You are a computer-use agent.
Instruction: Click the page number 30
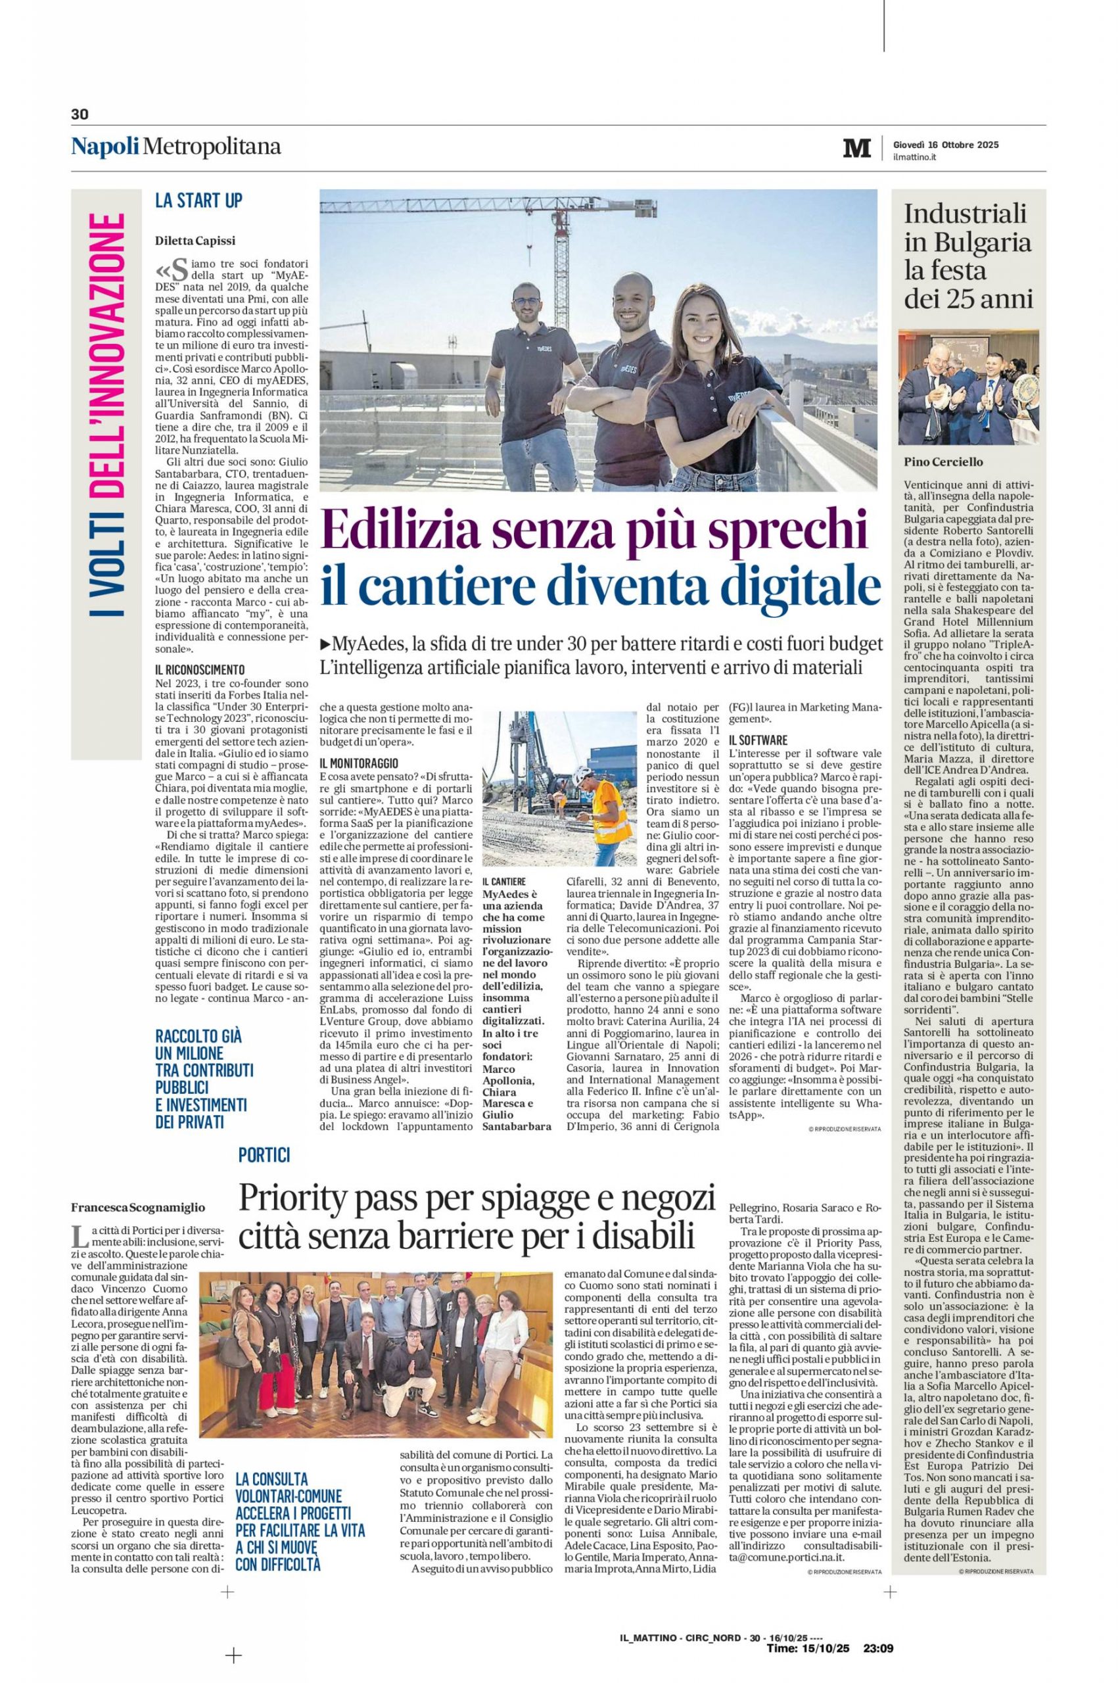(x=78, y=114)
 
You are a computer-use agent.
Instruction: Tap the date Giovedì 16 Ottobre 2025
(x=945, y=145)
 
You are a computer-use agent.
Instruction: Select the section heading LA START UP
(x=199, y=201)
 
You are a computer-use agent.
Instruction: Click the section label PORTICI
(x=264, y=1154)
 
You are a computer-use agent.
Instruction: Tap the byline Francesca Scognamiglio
(x=137, y=1207)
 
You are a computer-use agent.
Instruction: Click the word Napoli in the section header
(x=105, y=147)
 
